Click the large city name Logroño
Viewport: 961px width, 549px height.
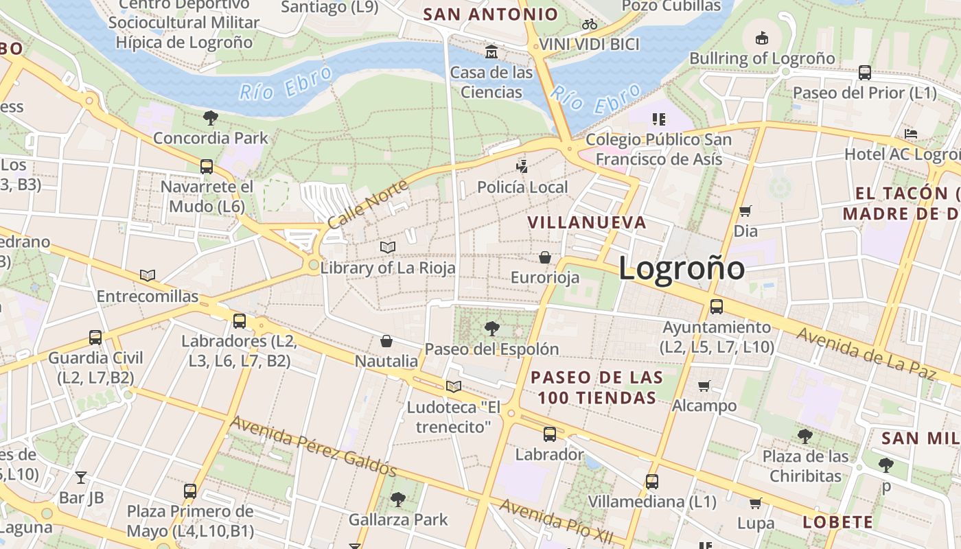click(682, 268)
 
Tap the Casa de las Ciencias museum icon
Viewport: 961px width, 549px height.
click(491, 52)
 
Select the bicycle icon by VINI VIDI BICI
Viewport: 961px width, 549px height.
click(589, 25)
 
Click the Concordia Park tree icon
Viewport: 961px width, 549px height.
click(211, 117)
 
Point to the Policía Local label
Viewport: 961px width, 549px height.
click(522, 187)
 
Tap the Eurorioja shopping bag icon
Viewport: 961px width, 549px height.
click(545, 257)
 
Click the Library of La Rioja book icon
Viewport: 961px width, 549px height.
click(388, 247)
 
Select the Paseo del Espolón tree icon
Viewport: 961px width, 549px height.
click(491, 328)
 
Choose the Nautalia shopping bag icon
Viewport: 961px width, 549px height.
click(386, 341)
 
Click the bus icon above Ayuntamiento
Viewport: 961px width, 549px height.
click(717, 307)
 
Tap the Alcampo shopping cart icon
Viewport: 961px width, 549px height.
click(704, 386)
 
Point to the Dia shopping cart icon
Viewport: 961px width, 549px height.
click(745, 211)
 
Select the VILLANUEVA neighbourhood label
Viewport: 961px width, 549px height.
click(587, 222)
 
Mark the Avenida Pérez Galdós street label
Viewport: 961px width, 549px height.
click(313, 446)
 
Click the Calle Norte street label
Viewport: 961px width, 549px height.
click(367, 204)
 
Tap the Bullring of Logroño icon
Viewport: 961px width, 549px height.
click(762, 38)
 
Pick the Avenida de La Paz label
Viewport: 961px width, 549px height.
click(866, 353)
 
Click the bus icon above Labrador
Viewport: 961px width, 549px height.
click(549, 434)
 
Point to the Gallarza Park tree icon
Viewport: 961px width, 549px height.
click(397, 499)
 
